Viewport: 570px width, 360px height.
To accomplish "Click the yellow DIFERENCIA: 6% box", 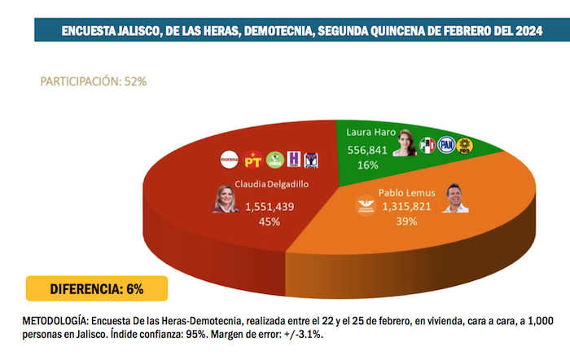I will [x=97, y=288].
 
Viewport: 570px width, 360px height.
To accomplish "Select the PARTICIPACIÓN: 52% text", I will [x=94, y=81].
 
